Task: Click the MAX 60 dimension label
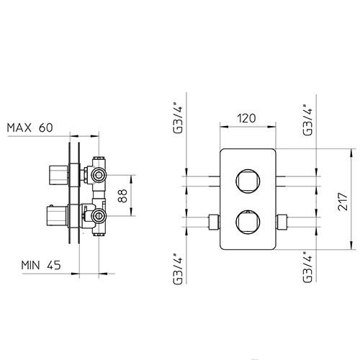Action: tap(30, 127)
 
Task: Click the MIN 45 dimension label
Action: tap(41, 265)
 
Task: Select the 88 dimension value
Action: tap(122, 196)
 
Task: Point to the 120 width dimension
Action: tap(246, 118)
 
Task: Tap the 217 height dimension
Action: tap(343, 202)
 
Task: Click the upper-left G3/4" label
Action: tap(178, 118)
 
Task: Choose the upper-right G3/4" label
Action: tap(307, 120)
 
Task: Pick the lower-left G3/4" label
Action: tap(178, 269)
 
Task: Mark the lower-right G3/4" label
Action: tap(307, 267)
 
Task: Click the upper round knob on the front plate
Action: tap(248, 181)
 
